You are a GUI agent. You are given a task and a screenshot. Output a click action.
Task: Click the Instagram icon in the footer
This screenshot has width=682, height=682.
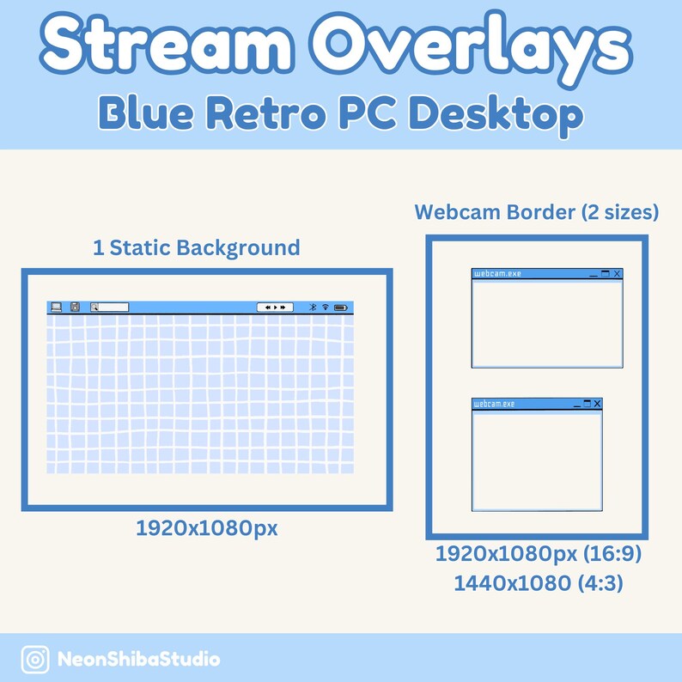pyautogui.click(x=35, y=660)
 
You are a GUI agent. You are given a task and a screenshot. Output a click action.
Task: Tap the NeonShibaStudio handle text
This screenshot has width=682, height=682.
pyautogui.click(x=138, y=660)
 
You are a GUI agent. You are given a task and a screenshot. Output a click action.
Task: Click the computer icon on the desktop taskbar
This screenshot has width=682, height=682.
pyautogui.click(x=57, y=307)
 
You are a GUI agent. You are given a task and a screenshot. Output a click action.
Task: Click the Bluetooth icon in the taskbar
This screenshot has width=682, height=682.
pyautogui.click(x=313, y=307)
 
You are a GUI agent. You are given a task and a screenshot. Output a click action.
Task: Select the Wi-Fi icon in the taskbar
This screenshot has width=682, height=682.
pyautogui.click(x=326, y=307)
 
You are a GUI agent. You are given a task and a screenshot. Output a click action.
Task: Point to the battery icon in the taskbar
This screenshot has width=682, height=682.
pyautogui.click(x=340, y=307)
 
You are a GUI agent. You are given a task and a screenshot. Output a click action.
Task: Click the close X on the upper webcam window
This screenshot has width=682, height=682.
pyautogui.click(x=617, y=274)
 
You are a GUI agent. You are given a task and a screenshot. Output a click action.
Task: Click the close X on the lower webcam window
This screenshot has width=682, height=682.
pyautogui.click(x=597, y=404)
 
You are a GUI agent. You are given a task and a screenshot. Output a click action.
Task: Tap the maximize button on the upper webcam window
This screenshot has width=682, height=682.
pyautogui.click(x=605, y=274)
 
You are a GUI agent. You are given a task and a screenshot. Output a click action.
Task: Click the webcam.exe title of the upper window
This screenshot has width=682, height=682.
pyautogui.click(x=497, y=274)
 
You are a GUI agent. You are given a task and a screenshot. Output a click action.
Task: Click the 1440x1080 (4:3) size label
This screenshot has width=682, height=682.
pyautogui.click(x=538, y=584)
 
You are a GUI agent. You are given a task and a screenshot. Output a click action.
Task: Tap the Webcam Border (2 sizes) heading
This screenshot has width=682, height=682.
pyautogui.click(x=537, y=212)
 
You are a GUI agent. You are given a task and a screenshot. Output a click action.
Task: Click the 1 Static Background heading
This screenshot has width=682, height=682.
pyautogui.click(x=197, y=248)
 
